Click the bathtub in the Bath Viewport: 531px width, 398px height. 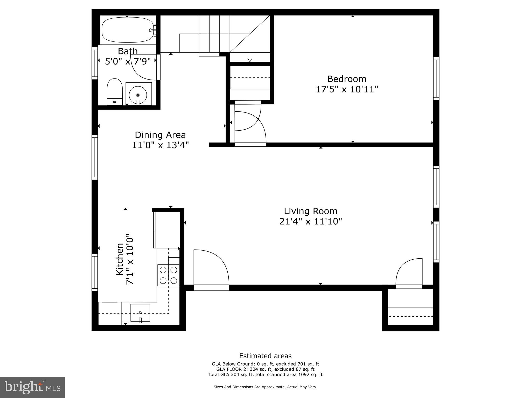pos(127,30)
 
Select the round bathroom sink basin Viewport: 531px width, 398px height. pos(138,95)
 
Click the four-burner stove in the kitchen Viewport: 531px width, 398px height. pos(168,275)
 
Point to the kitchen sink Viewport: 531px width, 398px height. pos(140,313)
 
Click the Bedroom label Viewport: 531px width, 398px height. pos(347,79)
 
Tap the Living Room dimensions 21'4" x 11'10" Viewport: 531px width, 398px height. pos(311,222)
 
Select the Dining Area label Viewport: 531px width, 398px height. pos(160,135)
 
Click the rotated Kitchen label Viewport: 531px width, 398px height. pos(120,259)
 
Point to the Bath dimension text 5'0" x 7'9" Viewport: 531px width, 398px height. pos(128,62)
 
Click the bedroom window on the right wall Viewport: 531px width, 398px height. pos(436,79)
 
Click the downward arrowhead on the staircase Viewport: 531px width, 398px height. pos(250,60)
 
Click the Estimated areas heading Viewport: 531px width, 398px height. pos(265,356)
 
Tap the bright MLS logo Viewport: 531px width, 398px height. pos(32,387)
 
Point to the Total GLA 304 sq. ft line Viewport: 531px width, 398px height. pos(265,374)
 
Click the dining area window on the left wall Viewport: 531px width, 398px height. pos(95,157)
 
